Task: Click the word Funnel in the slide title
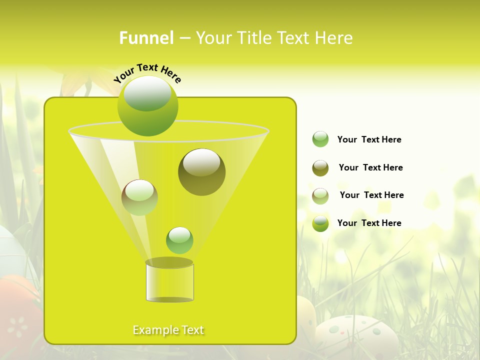pos(146,38)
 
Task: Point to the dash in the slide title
pos(184,38)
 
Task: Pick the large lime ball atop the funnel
pos(148,106)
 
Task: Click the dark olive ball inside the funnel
pos(201,171)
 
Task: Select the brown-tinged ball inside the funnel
pos(139,197)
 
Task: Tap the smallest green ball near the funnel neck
pos(179,240)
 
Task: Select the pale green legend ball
pos(320,139)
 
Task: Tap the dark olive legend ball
pos(320,168)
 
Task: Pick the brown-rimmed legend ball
pos(320,196)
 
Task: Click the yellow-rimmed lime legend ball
pos(320,223)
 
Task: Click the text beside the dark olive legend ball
pos(370,167)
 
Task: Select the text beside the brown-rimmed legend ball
pos(371,195)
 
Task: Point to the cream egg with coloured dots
pos(356,334)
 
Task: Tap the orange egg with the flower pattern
pos(17,315)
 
